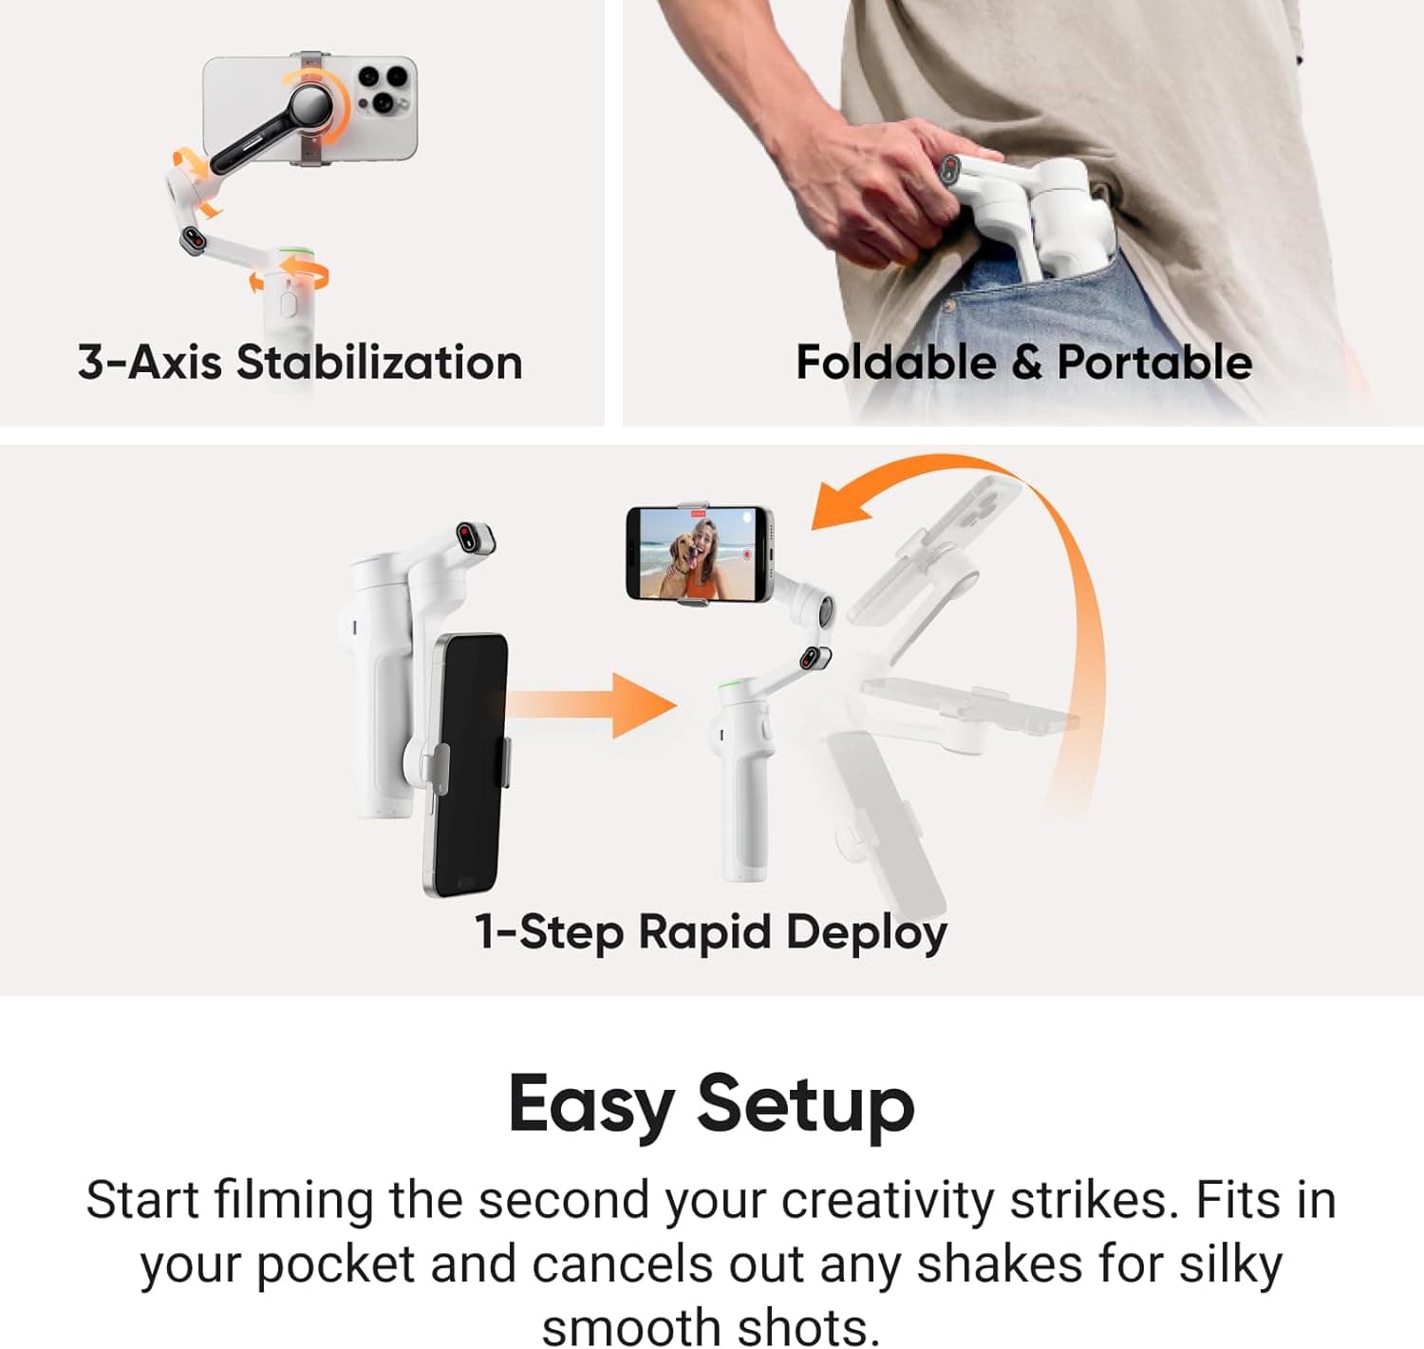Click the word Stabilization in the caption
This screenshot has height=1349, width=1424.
pos(379,363)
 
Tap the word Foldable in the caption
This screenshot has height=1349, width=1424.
pos(895,363)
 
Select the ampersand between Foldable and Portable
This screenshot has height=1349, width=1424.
pos(1026,363)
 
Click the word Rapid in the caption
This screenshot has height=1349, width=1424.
pos(703,931)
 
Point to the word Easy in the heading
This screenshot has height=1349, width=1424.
pos(590,1104)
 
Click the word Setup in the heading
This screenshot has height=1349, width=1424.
pos(805,1104)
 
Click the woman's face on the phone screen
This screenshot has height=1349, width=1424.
pos(704,539)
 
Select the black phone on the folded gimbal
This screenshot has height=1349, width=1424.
pos(465,764)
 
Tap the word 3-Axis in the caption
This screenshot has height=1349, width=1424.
pos(149,363)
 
